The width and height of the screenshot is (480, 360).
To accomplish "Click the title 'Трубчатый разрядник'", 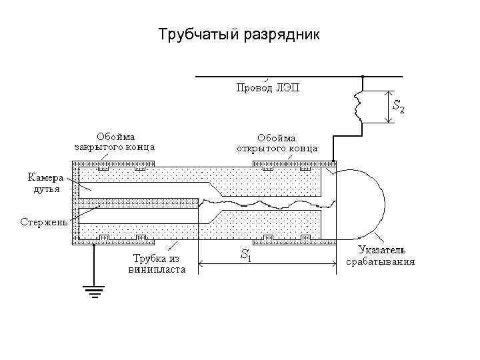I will pos(239,34).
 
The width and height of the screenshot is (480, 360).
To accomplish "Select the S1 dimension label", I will pos(245,254).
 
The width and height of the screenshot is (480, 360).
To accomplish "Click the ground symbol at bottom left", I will pos(93,289).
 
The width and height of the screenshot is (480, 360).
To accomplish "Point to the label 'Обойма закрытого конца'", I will pos(114,142).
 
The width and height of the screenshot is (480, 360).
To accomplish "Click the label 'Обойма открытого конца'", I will pos(277,142).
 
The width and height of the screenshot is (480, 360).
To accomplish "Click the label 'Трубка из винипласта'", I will pos(157,264).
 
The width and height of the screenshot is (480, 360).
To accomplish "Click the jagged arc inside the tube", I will pos(267,201).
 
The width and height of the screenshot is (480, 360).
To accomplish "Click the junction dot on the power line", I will pos(362,77).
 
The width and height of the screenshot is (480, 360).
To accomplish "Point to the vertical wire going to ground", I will pos(93,263).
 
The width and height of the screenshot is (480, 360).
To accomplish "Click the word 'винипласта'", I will pos(157,270).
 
